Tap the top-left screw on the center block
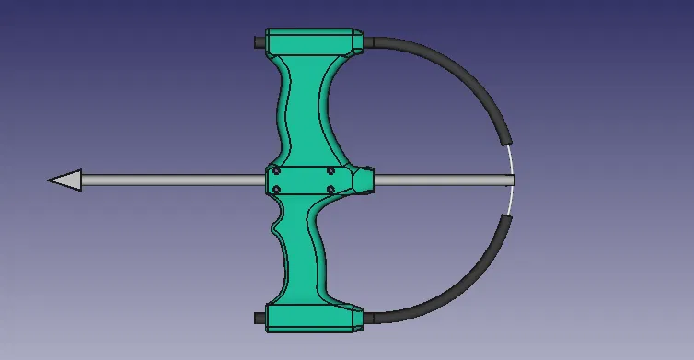tap(278, 170)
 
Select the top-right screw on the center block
tap(330, 170)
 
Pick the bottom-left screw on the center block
tap(278, 191)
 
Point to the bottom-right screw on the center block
tap(330, 191)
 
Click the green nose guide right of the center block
tap(364, 180)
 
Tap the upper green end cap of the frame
tap(311, 41)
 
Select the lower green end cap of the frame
tap(311, 317)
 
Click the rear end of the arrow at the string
tap(511, 180)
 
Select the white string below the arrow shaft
tap(510, 202)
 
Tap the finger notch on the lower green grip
tap(277, 225)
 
